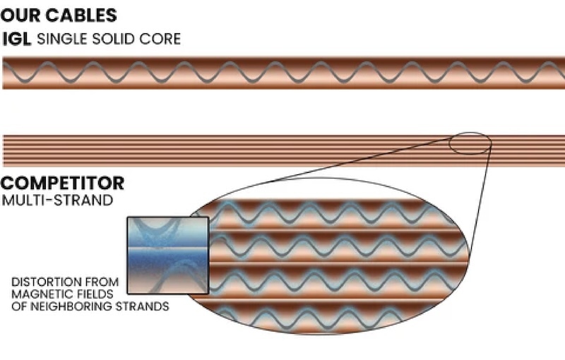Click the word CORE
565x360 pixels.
coord(163,38)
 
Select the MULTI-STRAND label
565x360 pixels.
coord(58,200)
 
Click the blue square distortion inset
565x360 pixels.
coord(167,255)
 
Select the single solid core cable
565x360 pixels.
coord(282,73)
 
